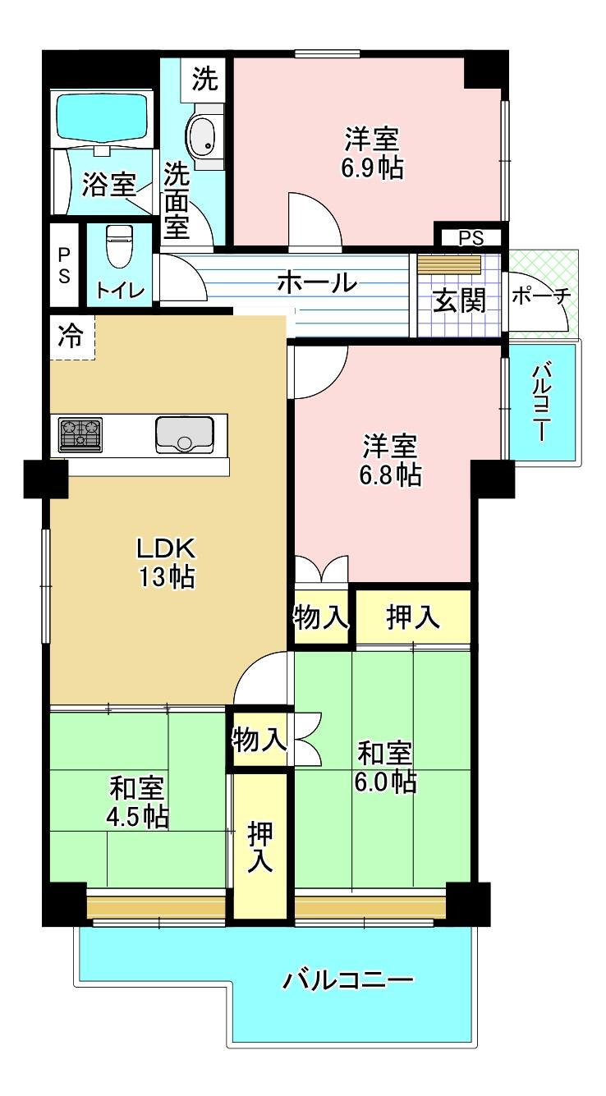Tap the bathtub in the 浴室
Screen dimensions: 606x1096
point(103,117)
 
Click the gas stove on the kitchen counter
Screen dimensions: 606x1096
point(80,434)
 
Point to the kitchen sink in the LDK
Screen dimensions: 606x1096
point(185,434)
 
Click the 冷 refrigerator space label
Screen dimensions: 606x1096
point(71,337)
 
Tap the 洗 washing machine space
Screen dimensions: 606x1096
point(204,80)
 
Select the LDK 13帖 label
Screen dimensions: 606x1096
point(167,562)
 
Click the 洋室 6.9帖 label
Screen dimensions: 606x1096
point(373,153)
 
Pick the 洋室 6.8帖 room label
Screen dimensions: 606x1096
point(390,460)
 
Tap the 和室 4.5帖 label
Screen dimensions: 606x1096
point(138,801)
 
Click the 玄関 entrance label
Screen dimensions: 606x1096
point(459,300)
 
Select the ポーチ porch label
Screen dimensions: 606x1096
point(542,296)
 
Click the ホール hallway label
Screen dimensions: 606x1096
point(316,282)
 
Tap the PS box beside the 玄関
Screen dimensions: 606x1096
point(471,238)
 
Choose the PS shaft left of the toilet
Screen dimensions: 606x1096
point(64,265)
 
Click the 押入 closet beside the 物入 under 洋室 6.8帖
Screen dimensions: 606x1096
point(413,617)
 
